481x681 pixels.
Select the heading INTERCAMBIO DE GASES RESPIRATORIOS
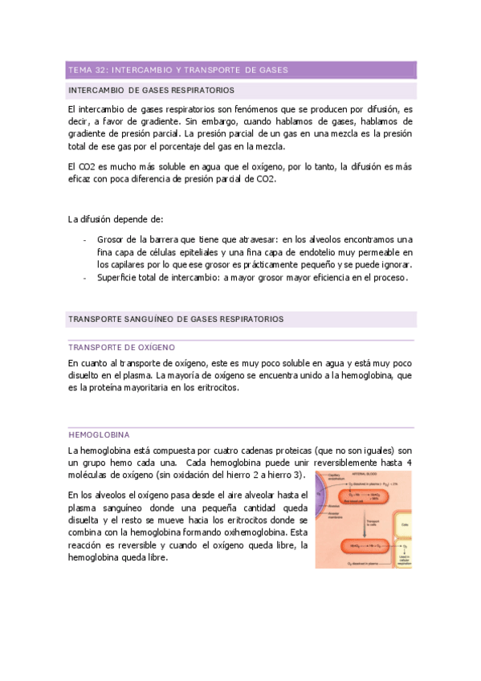(x=153, y=91)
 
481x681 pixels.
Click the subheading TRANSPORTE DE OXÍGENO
(x=122, y=347)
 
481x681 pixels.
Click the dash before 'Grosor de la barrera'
(x=85, y=239)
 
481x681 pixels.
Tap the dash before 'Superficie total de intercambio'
(x=85, y=278)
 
